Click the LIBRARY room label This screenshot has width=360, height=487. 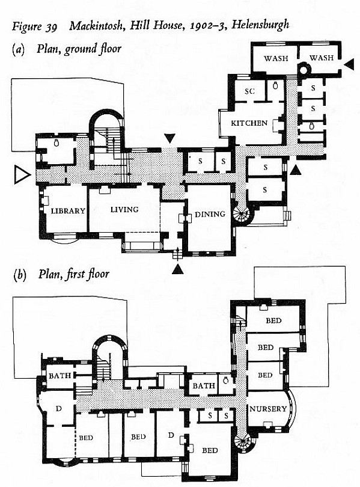68,211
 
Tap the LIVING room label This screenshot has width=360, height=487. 124,210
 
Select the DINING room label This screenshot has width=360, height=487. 210,214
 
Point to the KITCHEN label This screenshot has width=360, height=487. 249,123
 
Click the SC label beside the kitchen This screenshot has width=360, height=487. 249,91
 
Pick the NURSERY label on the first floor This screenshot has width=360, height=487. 268,409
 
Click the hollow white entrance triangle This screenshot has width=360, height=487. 22,175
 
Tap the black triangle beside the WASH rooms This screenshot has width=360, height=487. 349,64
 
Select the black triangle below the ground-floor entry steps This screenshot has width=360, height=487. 177,269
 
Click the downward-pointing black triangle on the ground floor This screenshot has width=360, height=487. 169,138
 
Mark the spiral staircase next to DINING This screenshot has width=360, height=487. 243,214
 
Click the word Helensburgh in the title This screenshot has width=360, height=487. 260,25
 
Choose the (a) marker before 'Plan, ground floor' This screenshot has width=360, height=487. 18,50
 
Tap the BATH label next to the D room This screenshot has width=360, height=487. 60,376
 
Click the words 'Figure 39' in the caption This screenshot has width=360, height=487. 35,26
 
